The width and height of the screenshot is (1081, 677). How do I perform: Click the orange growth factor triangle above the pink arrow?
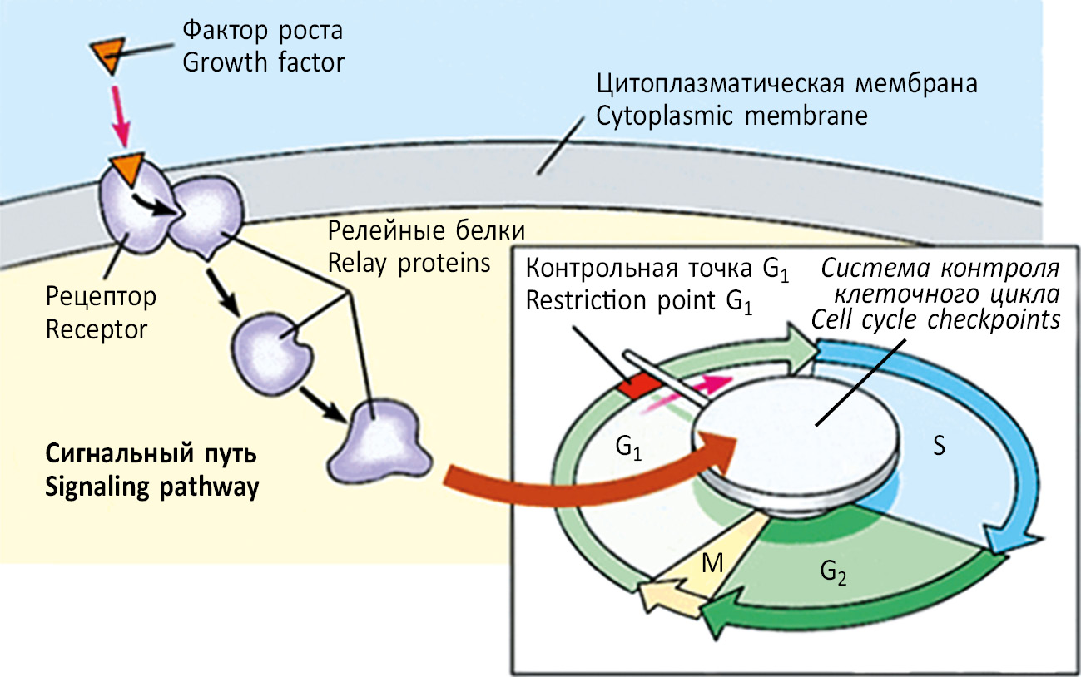pos(109,54)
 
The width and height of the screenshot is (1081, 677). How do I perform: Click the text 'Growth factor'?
pos(263,62)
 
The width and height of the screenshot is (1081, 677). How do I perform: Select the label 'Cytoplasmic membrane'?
pos(731,116)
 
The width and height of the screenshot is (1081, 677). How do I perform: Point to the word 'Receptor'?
pos(97,329)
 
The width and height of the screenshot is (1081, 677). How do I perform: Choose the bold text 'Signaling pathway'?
pos(151,487)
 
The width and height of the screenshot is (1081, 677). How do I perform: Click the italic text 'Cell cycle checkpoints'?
pos(936,319)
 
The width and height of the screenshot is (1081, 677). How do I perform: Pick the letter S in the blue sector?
pos(938,447)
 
